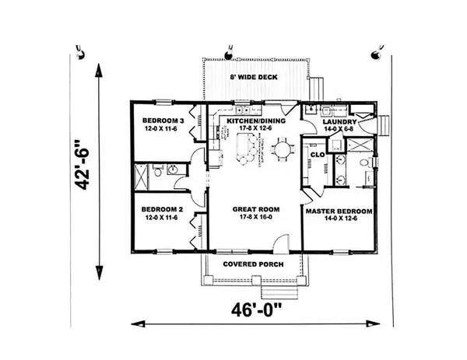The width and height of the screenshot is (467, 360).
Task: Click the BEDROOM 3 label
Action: coord(163,121)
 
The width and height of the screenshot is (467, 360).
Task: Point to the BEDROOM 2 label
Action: coord(163,209)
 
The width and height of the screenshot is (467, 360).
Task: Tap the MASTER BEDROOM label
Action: coord(338,211)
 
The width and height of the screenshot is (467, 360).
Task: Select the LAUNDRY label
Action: coord(339,122)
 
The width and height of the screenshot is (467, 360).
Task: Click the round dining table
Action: coord(281,148)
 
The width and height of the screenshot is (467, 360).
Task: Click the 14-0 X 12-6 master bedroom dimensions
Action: coord(338,220)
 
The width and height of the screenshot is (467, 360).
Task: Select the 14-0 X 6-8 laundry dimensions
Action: coord(339,130)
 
